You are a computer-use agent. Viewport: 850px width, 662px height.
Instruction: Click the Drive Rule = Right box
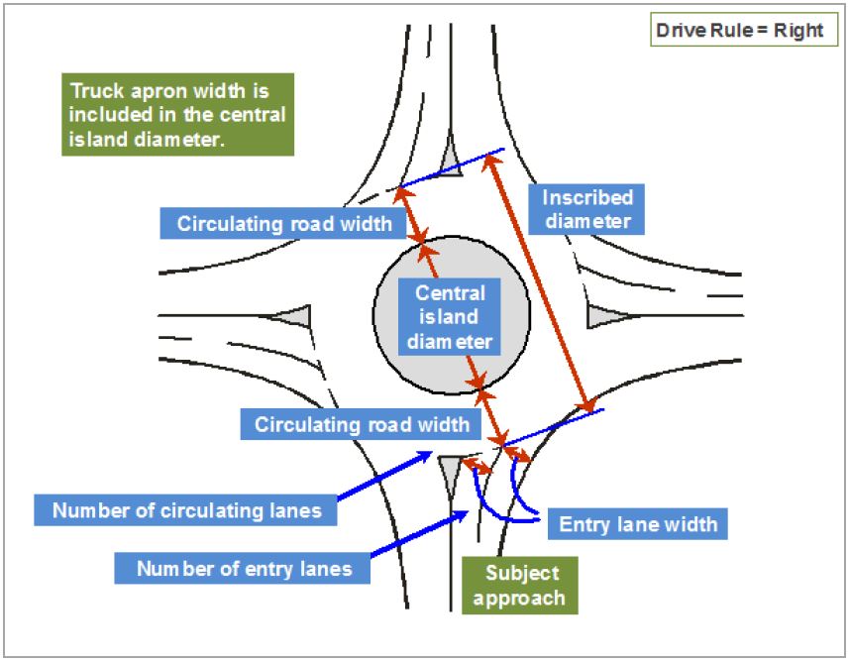click(x=744, y=30)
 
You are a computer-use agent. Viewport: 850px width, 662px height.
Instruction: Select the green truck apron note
click(x=177, y=114)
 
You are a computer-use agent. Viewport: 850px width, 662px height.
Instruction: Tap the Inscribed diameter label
click(x=586, y=209)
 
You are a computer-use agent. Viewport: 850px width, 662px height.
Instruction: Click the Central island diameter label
click(x=450, y=317)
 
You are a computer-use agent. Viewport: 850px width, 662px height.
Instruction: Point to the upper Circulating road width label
click(x=283, y=223)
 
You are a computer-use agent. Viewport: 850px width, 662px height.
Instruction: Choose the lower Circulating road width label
click(x=361, y=424)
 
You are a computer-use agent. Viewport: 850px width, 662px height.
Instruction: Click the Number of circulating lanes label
click(x=186, y=510)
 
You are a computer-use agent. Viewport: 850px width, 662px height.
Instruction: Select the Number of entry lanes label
click(x=243, y=568)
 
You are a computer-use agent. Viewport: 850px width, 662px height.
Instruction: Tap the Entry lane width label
click(x=638, y=523)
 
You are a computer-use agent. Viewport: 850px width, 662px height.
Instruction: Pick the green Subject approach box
click(x=520, y=585)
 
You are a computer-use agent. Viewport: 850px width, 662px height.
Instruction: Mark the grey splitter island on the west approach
click(x=293, y=315)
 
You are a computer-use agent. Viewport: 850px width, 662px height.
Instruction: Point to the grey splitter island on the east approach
click(x=606, y=315)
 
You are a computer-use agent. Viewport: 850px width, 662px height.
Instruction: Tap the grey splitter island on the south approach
click(x=450, y=472)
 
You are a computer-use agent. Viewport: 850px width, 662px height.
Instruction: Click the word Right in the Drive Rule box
click(x=798, y=31)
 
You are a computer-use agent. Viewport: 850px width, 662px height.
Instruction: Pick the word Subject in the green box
click(x=522, y=573)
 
